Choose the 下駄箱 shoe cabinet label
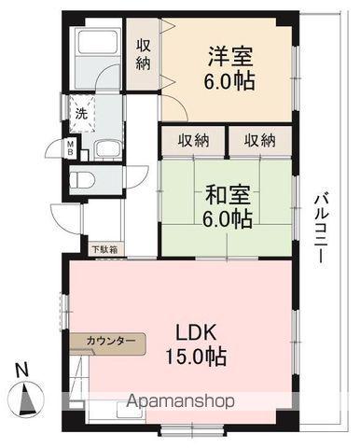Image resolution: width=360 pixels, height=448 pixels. [x=103, y=249]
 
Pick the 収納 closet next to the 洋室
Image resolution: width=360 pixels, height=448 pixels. [x=145, y=54]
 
